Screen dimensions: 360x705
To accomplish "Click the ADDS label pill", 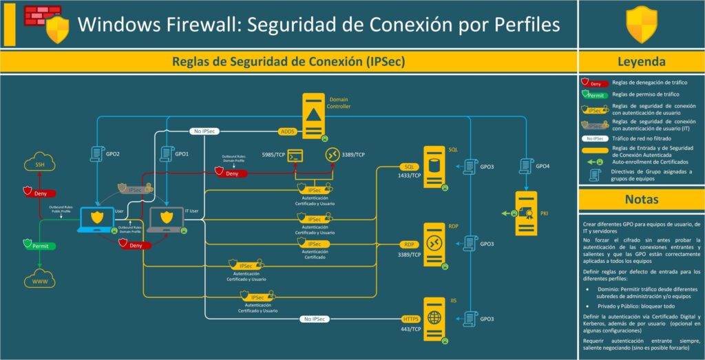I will click(x=287, y=131).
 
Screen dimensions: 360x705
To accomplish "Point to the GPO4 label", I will click(x=543, y=166).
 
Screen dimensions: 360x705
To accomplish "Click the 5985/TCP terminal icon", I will click(x=296, y=156).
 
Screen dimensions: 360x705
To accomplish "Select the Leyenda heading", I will click(x=641, y=61).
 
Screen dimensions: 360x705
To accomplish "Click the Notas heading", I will click(x=641, y=200).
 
